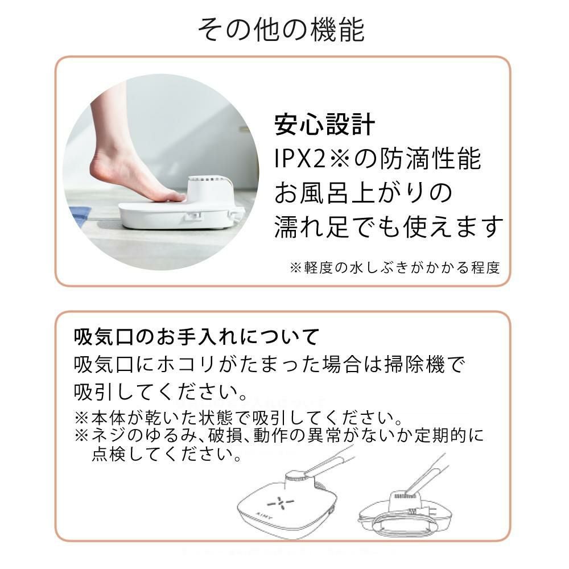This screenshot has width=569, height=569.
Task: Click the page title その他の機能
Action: [281, 30]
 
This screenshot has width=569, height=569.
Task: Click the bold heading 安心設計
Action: [324, 125]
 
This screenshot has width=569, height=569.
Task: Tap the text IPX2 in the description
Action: [300, 159]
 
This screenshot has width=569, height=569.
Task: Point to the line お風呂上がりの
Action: [363, 192]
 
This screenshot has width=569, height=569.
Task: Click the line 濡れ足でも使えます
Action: [389, 226]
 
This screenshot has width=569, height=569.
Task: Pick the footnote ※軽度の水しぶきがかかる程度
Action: [395, 268]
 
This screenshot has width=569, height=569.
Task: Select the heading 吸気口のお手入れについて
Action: [196, 336]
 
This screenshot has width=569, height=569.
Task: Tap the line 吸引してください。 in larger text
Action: [161, 391]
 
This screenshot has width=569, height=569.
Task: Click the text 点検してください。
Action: [167, 453]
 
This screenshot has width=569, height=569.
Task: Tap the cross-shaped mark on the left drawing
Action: [280, 503]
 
